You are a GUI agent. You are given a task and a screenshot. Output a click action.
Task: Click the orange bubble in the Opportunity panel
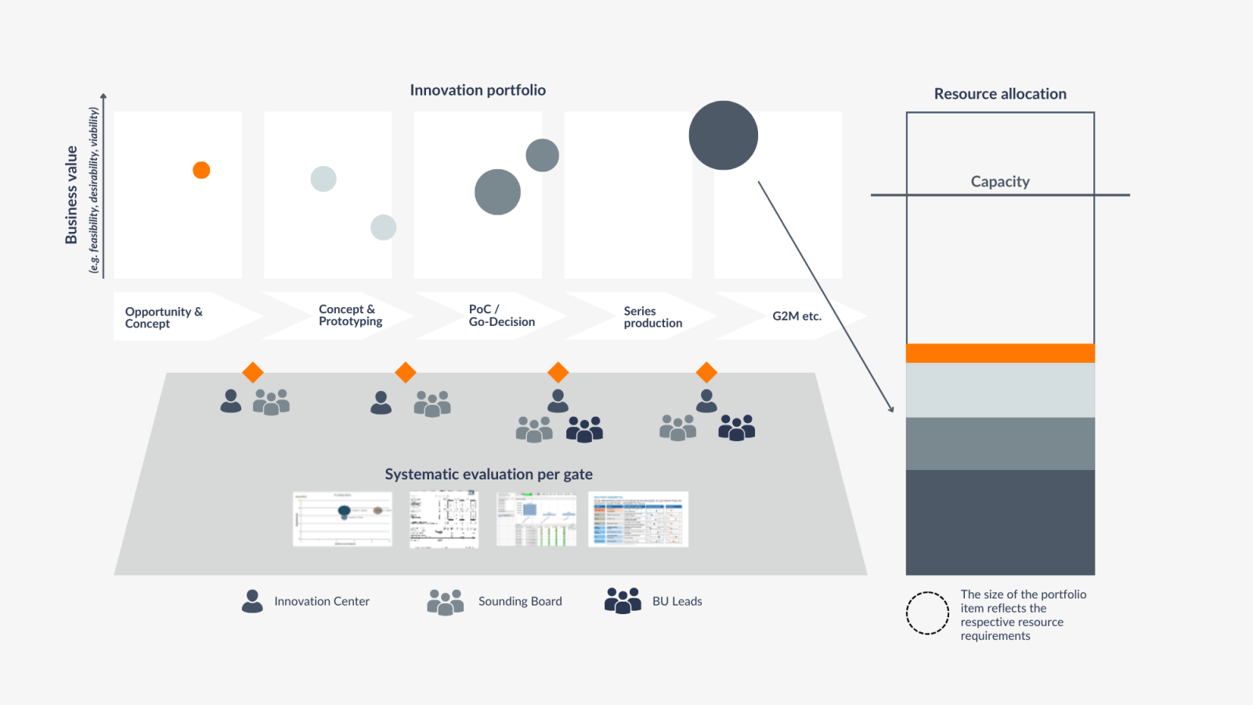pyautogui.click(x=201, y=170)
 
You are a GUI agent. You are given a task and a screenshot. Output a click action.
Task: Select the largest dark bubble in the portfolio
pyautogui.click(x=723, y=136)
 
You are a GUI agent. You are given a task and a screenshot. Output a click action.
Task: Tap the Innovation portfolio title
pyautogui.click(x=478, y=90)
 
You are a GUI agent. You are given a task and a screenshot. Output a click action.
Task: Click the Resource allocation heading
pyautogui.click(x=1000, y=94)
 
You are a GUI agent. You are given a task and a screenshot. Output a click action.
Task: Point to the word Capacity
pyautogui.click(x=1000, y=182)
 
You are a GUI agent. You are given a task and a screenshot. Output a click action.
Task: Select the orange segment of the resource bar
pyautogui.click(x=1000, y=353)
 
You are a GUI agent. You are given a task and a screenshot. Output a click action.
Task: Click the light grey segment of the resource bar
pyautogui.click(x=1000, y=390)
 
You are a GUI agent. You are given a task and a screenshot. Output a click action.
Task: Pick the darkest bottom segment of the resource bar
pyautogui.click(x=1000, y=522)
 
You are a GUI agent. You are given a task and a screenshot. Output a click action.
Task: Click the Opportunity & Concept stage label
pyautogui.click(x=164, y=317)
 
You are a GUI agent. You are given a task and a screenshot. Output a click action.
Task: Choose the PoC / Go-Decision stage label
pyautogui.click(x=501, y=316)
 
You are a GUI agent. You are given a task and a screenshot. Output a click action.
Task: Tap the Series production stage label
pyautogui.click(x=652, y=317)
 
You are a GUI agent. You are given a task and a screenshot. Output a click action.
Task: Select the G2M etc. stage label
pyautogui.click(x=796, y=316)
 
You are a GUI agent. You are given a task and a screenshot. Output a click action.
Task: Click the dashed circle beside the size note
pyautogui.click(x=927, y=613)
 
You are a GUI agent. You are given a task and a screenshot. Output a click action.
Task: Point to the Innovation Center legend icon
pyautogui.click(x=252, y=601)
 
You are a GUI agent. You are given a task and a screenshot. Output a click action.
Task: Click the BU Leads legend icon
pyautogui.click(x=623, y=601)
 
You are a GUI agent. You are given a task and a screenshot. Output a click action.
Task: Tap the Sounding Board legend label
pyautogui.click(x=520, y=602)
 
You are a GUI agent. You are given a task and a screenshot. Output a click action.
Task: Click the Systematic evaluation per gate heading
pyautogui.click(x=489, y=474)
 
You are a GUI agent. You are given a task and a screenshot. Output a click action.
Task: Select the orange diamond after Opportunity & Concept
pyautogui.click(x=252, y=372)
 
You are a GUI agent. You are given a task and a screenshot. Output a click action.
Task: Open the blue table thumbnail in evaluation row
pyautogui.click(x=638, y=519)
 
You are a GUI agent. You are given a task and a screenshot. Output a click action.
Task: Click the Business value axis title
pyautogui.click(x=71, y=194)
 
